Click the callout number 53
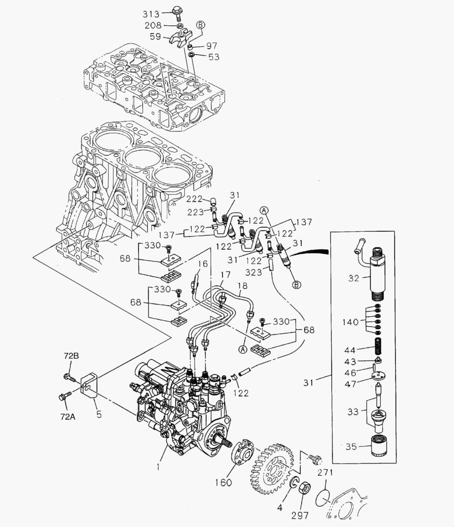click(x=214, y=57)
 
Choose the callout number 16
click(x=202, y=264)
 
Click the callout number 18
click(x=242, y=285)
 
